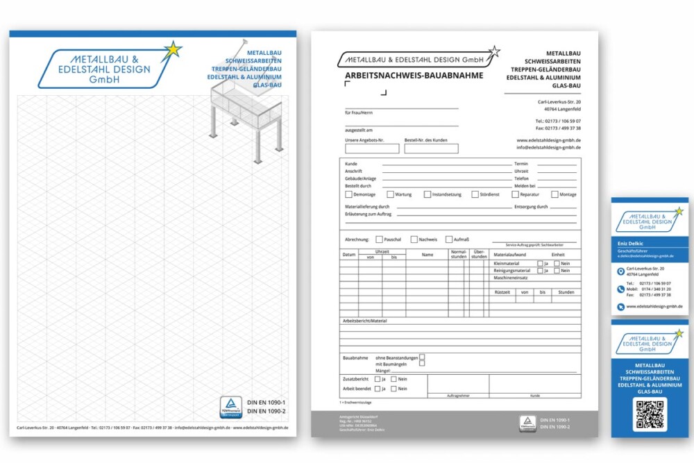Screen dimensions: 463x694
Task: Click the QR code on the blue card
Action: (650, 414)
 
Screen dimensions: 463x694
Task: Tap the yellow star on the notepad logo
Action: (173, 50)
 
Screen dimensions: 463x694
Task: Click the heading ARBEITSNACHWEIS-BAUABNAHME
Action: (414, 75)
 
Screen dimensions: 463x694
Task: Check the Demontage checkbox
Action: (348, 194)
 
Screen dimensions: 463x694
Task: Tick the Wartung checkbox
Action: (390, 194)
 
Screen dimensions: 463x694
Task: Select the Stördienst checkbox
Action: (475, 194)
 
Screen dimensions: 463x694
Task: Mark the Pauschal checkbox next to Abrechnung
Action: (379, 239)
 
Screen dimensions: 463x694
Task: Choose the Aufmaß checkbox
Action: (449, 239)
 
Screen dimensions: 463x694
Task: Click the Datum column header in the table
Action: (348, 254)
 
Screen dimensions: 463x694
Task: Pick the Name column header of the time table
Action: (427, 254)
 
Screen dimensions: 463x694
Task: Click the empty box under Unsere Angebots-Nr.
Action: (372, 149)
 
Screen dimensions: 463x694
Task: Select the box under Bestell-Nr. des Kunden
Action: (431, 149)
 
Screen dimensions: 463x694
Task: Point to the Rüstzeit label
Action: (502, 292)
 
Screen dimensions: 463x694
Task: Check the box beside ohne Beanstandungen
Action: (422, 357)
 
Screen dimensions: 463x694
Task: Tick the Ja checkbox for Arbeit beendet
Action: (377, 389)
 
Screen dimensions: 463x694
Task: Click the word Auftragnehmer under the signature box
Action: (457, 396)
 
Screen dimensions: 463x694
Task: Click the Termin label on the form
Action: (521, 164)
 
